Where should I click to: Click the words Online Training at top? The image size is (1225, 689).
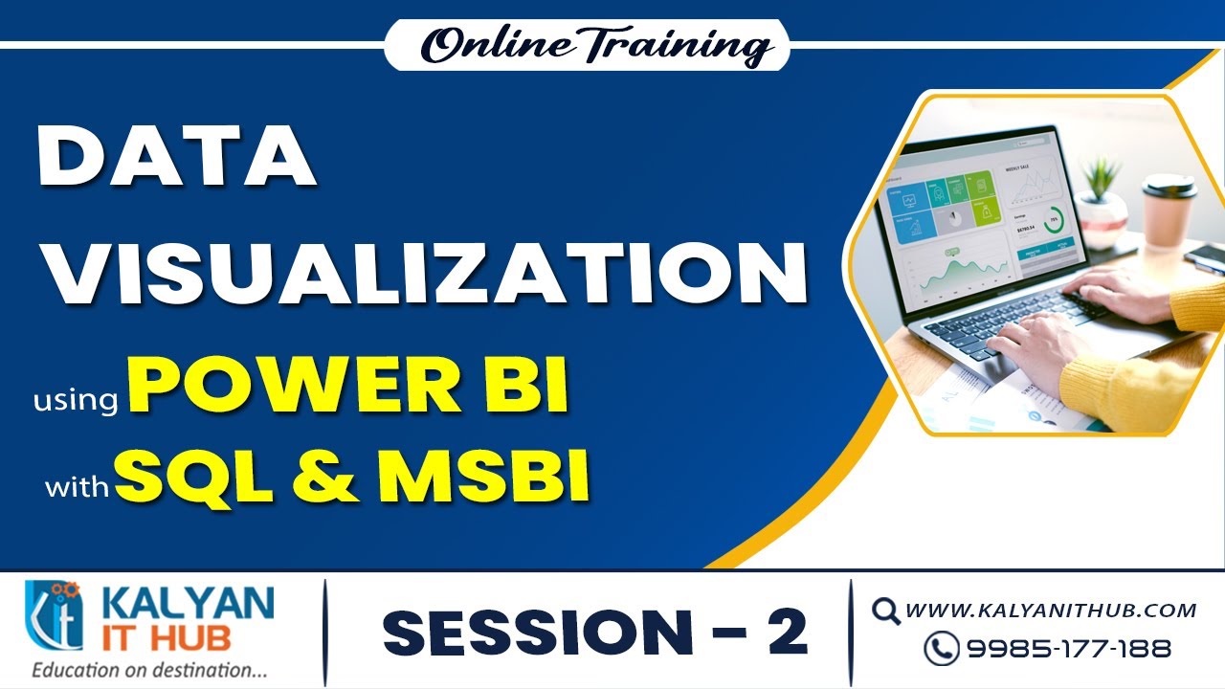coord(587,45)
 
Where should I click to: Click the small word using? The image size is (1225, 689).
coord(75,400)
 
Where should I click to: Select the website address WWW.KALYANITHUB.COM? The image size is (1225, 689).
coord(1050,610)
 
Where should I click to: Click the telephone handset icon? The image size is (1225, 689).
coord(941,649)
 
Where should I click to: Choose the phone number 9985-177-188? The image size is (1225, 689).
coord(1068,649)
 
